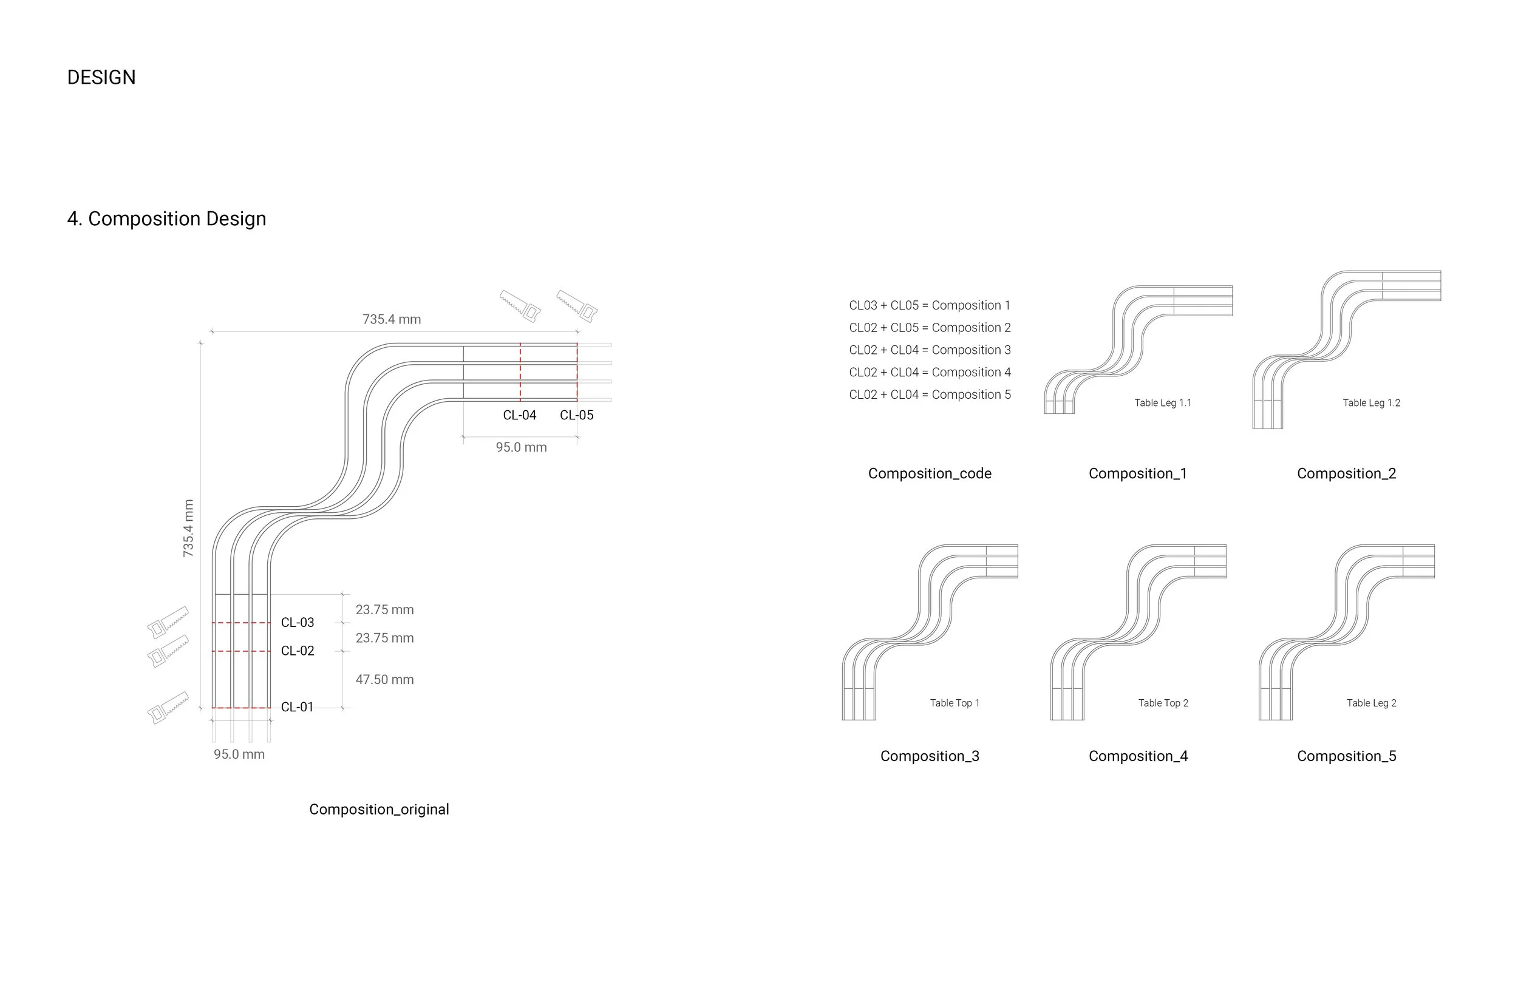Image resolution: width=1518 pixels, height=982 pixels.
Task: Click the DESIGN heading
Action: (101, 77)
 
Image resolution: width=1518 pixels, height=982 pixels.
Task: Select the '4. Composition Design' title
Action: (166, 218)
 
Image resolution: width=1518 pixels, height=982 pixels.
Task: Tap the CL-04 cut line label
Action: (519, 415)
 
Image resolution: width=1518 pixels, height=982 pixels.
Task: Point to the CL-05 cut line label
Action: (577, 415)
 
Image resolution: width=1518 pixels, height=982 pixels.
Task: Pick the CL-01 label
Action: (297, 706)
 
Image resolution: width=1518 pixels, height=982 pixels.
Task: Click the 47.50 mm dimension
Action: (384, 680)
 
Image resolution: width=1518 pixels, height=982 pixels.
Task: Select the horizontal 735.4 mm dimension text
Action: (392, 319)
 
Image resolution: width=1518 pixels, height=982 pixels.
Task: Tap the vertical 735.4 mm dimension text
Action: (188, 528)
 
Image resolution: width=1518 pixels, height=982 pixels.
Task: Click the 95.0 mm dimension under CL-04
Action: (521, 448)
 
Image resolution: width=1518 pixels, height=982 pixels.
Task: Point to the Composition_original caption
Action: (379, 809)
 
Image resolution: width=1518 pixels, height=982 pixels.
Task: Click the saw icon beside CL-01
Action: (168, 707)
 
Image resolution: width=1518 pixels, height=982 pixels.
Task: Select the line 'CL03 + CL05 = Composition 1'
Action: (929, 305)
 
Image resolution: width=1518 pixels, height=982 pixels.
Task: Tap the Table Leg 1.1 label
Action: (1162, 403)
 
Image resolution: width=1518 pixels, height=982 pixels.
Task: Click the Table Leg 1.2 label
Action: (1371, 403)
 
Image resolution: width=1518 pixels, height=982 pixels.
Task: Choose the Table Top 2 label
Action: (1163, 703)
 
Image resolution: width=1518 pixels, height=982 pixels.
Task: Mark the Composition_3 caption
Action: (929, 756)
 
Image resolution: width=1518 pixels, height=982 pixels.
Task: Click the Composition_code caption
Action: (929, 474)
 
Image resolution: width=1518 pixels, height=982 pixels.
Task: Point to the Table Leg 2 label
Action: (1371, 703)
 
